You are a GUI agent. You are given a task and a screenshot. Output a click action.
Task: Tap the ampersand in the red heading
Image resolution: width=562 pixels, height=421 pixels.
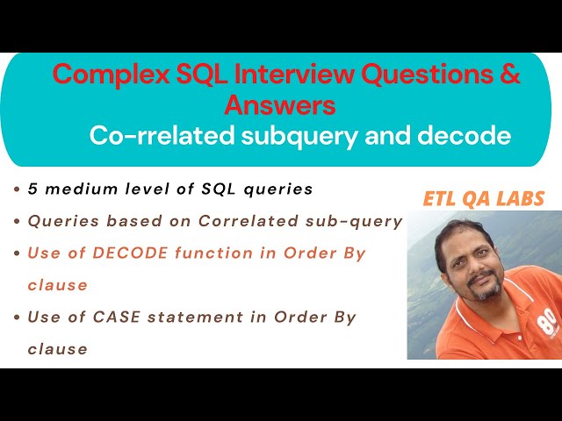point(510,75)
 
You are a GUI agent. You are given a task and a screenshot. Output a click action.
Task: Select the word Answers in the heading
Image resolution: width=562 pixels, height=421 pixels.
point(280,105)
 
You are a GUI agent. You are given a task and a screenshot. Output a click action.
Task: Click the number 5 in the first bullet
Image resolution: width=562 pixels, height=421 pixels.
point(32,189)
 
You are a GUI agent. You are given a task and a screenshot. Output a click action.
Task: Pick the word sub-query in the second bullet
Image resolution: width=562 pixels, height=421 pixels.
point(363,221)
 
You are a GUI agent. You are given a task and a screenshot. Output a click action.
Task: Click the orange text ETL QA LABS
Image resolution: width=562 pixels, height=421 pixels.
point(483,199)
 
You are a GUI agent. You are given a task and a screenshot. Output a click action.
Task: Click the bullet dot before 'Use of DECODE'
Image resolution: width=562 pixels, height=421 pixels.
point(18,253)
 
